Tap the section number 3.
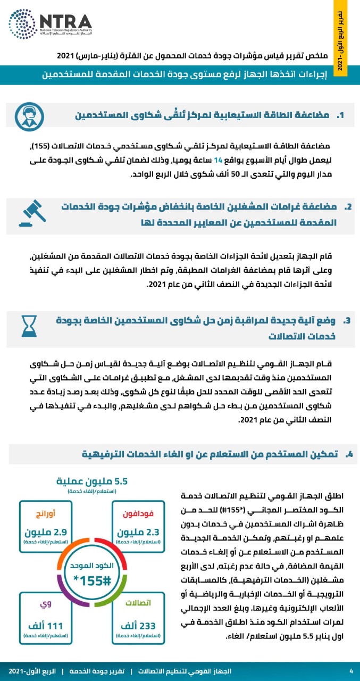point(347,320)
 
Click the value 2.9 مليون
point(47,531)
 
